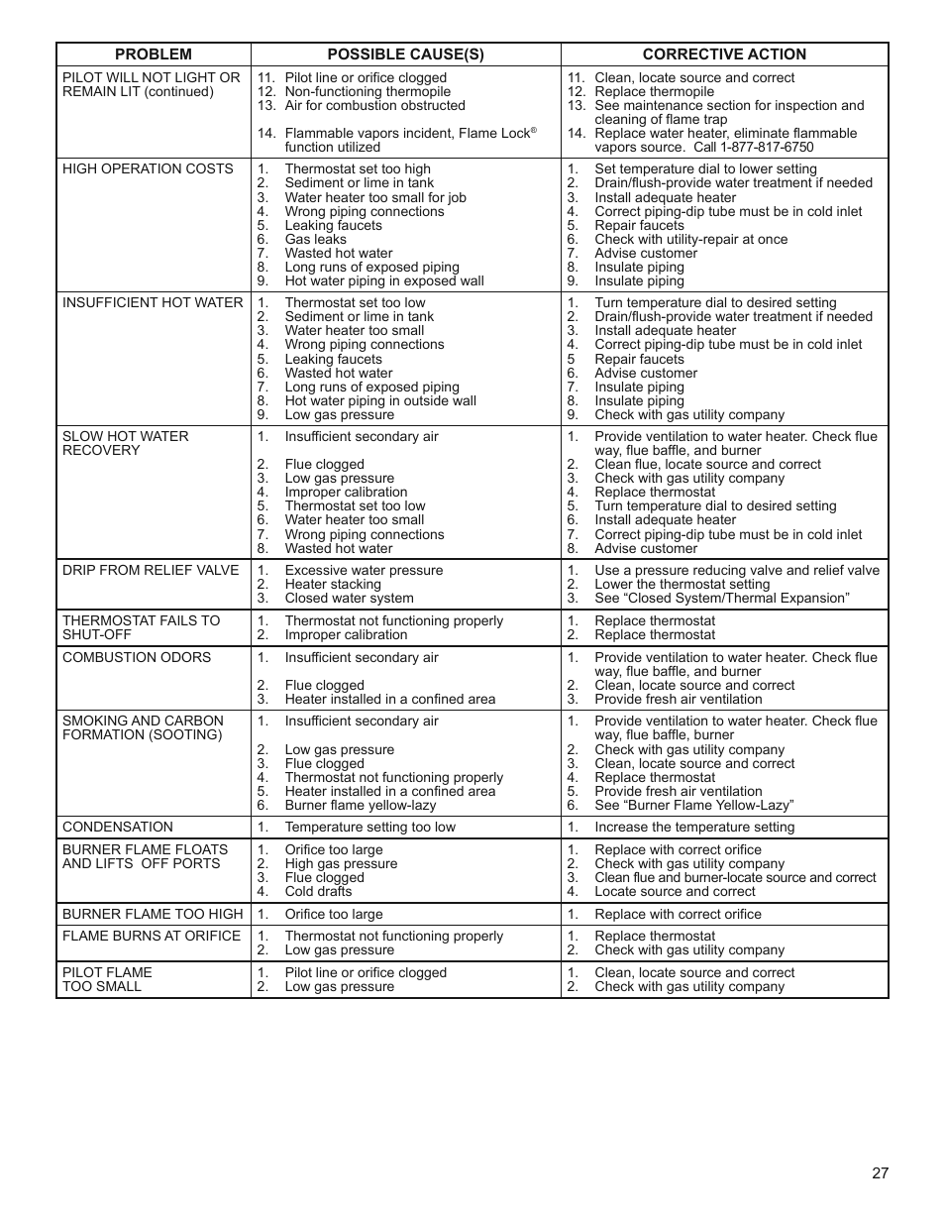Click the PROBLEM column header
[x=153, y=55]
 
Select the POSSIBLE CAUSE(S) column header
[x=405, y=55]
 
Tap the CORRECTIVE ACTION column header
[x=724, y=55]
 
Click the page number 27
[x=881, y=1173]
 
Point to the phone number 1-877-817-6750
[x=754, y=148]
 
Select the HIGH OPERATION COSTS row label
[x=148, y=168]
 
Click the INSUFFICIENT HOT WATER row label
[x=152, y=302]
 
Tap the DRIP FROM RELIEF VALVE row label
[x=151, y=570]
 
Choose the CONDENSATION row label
[x=117, y=827]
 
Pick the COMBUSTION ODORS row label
[x=137, y=657]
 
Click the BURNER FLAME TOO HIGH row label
[x=153, y=914]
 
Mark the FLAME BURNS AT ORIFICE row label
[x=152, y=936]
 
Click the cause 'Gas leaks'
[x=315, y=239]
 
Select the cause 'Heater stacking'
[x=333, y=585]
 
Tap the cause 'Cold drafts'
[x=318, y=891]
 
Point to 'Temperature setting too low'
[x=369, y=827]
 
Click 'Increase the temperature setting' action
[x=694, y=827]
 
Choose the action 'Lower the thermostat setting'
[x=682, y=585]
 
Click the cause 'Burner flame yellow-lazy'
[x=360, y=806]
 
